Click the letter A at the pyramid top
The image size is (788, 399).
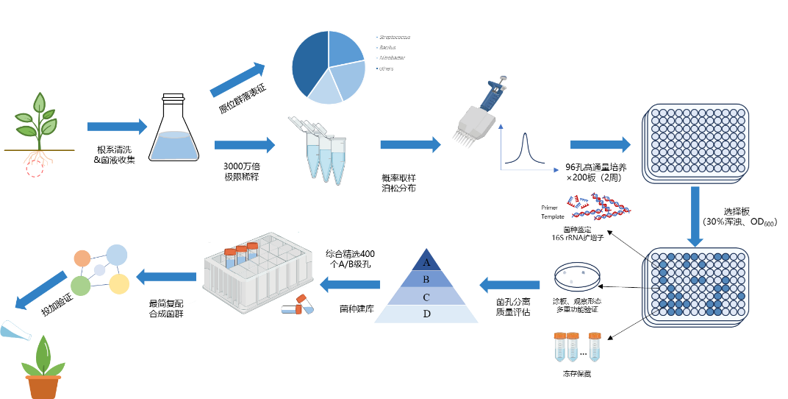[x=426, y=261]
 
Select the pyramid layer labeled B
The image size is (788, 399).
[x=426, y=279]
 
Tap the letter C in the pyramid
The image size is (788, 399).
[x=426, y=297]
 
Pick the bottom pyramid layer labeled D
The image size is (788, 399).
[x=426, y=314]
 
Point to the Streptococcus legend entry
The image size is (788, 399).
[x=393, y=37]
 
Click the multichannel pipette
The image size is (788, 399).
[x=476, y=114]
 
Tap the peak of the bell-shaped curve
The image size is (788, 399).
[x=526, y=135]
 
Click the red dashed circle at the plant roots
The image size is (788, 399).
[x=35, y=169]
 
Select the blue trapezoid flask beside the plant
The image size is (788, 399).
[x=174, y=145]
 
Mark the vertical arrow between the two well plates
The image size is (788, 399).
[x=695, y=216]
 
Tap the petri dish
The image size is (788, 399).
[x=577, y=275]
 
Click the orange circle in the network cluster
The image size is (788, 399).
[x=82, y=258]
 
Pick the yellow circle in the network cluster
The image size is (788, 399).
[x=119, y=283]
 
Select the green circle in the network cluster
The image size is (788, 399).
[x=81, y=285]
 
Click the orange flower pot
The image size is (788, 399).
[x=43, y=387]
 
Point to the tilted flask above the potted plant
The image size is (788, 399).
[x=15, y=331]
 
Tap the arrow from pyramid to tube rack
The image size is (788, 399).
[x=350, y=284]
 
